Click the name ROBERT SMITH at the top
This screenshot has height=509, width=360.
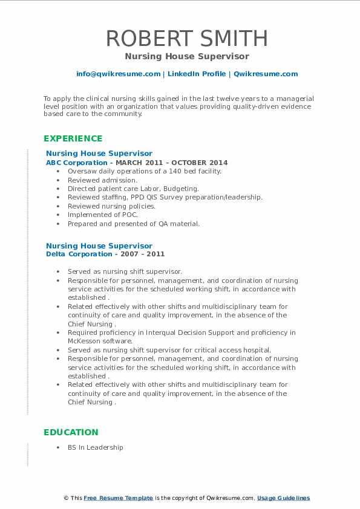click(x=187, y=37)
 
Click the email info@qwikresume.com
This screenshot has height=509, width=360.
click(x=118, y=74)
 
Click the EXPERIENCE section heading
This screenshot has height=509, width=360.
click(x=73, y=138)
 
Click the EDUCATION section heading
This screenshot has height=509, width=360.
click(x=71, y=432)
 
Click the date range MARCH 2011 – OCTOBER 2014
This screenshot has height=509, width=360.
click(x=171, y=163)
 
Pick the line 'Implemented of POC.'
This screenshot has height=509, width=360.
click(x=103, y=215)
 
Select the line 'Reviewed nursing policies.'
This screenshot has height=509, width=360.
click(x=111, y=206)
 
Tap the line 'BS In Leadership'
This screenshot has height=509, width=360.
click(x=95, y=447)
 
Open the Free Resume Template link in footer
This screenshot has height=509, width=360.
click(x=119, y=498)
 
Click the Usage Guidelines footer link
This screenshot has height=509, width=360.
click(x=283, y=498)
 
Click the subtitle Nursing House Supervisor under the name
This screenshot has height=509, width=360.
click(x=187, y=56)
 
